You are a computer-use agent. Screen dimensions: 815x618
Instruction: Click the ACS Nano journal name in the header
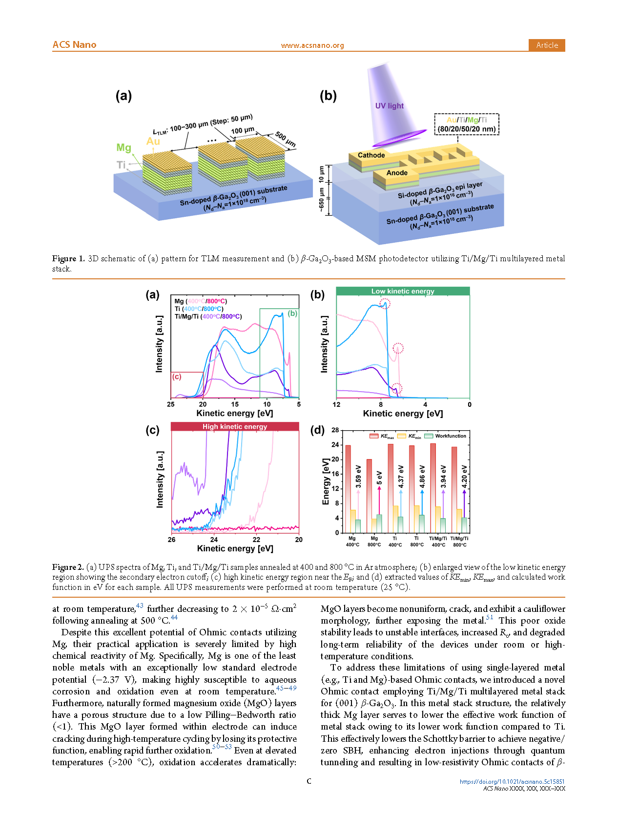[x=74, y=45]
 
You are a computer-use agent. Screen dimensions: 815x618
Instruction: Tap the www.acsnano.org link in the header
[x=312, y=45]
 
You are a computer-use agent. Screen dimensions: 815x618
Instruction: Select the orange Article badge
[x=546, y=45]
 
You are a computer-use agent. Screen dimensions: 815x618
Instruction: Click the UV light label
[x=389, y=106]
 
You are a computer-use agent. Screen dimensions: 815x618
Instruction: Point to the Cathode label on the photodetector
[x=371, y=155]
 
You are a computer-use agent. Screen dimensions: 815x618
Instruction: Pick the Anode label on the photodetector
[x=397, y=173]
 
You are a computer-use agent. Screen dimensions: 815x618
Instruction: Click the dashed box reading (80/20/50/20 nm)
[x=467, y=125]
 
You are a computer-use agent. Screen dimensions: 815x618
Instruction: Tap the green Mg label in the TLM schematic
[x=124, y=147]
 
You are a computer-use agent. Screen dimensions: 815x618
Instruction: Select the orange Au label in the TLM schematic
[x=153, y=141]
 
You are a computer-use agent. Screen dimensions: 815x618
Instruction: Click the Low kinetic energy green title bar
[x=403, y=291]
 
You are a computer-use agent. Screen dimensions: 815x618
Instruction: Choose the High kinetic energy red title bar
[x=235, y=426]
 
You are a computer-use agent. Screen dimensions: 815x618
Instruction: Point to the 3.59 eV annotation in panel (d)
[x=358, y=477]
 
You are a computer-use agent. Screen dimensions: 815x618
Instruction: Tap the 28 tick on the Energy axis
[x=335, y=430]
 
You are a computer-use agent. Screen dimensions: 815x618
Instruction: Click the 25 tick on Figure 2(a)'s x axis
[x=171, y=404]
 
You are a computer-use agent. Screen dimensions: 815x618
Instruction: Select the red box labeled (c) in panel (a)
[x=186, y=385]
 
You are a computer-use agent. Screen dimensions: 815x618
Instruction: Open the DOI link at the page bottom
[x=512, y=781]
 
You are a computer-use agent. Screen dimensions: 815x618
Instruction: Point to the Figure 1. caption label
[x=69, y=259]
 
